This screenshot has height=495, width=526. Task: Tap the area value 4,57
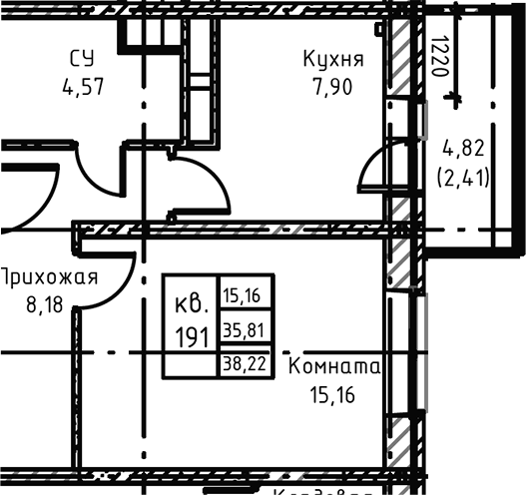point(82,86)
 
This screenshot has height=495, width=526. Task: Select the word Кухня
point(333,59)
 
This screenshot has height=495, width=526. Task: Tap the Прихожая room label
point(48,276)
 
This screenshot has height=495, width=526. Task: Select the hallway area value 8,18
point(48,303)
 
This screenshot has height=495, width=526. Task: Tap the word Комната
point(334,367)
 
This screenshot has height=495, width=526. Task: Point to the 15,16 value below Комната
point(334,394)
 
